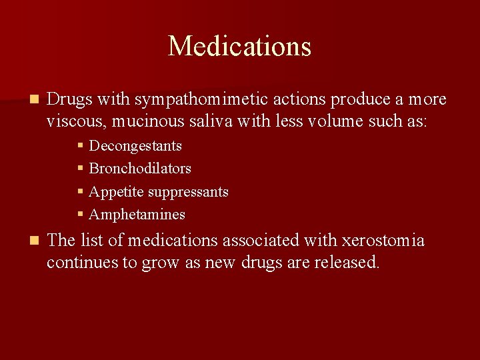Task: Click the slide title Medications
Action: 239,46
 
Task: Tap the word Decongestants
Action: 135,146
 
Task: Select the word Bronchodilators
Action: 140,169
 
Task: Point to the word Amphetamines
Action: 137,215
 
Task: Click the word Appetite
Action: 116,192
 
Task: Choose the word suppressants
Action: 188,192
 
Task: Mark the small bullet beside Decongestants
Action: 80,146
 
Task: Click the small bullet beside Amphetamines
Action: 80,215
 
